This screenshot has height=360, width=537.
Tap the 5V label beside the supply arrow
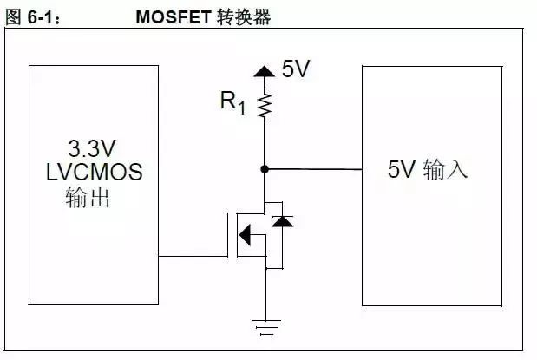pyautogui.click(x=296, y=69)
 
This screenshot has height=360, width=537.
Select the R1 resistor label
pyautogui.click(x=232, y=102)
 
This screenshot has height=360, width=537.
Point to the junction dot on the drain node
pyautogui.click(x=265, y=169)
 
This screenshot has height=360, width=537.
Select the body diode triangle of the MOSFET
pyautogui.click(x=278, y=222)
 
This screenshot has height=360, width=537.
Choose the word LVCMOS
pyautogui.click(x=94, y=172)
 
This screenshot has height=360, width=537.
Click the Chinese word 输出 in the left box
pyautogui.click(x=88, y=198)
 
